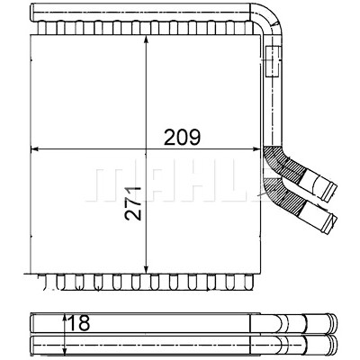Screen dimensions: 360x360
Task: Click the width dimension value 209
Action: [x=182, y=138]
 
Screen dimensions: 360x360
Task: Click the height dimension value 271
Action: [x=133, y=203]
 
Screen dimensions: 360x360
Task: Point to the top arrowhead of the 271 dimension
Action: [x=146, y=40]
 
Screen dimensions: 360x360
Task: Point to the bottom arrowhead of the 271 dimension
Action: [x=146, y=269]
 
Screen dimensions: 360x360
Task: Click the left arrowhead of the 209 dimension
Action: [x=36, y=148]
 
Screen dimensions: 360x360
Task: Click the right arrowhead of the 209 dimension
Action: [x=255, y=148]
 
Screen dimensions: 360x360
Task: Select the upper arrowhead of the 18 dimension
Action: [x=65, y=319]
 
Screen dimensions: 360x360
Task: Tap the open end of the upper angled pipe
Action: [x=331, y=191]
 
